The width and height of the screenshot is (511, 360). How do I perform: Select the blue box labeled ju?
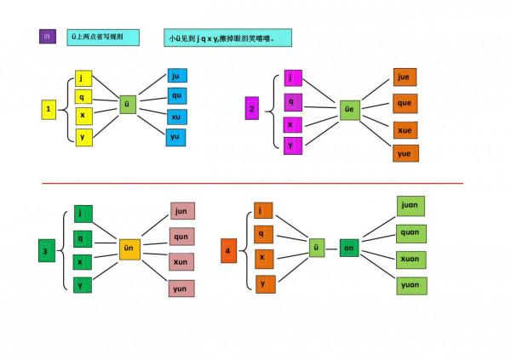[176, 77]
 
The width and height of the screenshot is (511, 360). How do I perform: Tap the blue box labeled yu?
[176, 136]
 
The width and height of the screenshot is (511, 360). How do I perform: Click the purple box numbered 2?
[251, 109]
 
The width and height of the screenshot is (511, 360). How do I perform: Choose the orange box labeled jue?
[405, 78]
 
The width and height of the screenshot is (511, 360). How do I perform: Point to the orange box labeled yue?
[405, 153]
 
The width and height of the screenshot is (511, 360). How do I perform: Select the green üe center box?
[348, 109]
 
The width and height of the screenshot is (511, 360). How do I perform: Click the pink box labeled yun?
[181, 289]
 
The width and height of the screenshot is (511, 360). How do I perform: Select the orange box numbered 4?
[228, 250]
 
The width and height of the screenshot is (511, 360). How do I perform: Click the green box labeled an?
[349, 248]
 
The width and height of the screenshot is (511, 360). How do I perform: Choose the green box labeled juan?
[411, 207]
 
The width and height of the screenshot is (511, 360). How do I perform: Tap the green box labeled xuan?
[411, 259]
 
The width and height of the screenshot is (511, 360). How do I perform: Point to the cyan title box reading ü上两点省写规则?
[102, 37]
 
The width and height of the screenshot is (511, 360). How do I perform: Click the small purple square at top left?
[48, 37]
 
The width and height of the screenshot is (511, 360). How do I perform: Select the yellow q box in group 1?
[83, 96]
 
